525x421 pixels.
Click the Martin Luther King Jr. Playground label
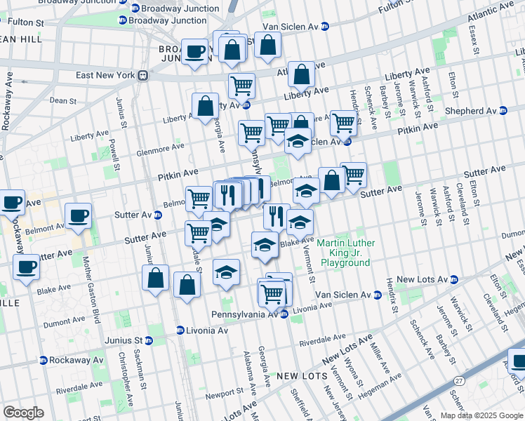click(345, 253)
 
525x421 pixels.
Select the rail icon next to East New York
click(142, 75)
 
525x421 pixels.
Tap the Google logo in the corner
click(23, 413)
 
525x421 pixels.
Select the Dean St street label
click(63, 101)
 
